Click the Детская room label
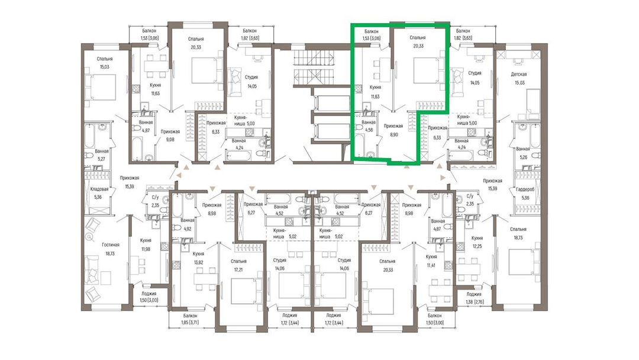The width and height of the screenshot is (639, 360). pos(519,74)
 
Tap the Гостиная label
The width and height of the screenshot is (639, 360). pos(111,245)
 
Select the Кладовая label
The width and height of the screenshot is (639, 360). pos(99,189)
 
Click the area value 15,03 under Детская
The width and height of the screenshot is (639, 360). pos(519,82)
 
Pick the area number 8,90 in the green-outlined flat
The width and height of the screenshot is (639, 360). pos(393,134)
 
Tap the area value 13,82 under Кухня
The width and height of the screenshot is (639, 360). pos(198,262)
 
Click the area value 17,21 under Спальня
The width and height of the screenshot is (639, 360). pos(238,269)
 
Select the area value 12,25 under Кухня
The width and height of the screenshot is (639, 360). pos(477,246)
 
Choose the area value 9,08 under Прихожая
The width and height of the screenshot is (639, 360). pos(170,139)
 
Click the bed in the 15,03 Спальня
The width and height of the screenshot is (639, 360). pos(101,86)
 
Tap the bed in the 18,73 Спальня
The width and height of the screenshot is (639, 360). pos(525,262)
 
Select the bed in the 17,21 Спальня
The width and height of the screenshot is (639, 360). pos(247,290)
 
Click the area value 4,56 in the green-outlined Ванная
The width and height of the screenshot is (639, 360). pos(369,130)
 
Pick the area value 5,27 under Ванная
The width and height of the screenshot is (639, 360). pos(102,159)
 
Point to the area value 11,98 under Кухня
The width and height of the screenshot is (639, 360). pos(146,249)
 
